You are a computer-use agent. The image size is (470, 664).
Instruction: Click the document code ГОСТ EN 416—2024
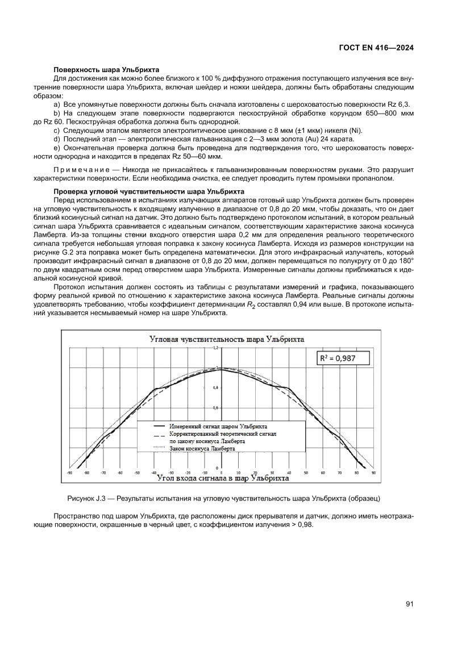pyautogui.click(x=375, y=48)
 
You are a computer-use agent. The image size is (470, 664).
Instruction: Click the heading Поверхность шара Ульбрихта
pyautogui.click(x=106, y=69)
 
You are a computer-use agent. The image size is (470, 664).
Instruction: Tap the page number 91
pyautogui.click(x=409, y=604)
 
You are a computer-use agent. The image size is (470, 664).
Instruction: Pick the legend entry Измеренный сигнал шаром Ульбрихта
pyautogui.click(x=219, y=425)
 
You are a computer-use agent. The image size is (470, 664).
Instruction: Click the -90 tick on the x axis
pyautogui.click(x=69, y=472)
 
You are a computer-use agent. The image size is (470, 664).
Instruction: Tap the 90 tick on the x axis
pyautogui.click(x=373, y=472)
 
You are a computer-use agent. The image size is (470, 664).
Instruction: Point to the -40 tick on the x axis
pyautogui.click(x=154, y=472)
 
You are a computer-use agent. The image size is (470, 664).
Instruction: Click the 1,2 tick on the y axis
pyautogui.click(x=215, y=347)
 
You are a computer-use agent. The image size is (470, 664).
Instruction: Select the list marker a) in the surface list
pyautogui.click(x=57, y=106)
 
